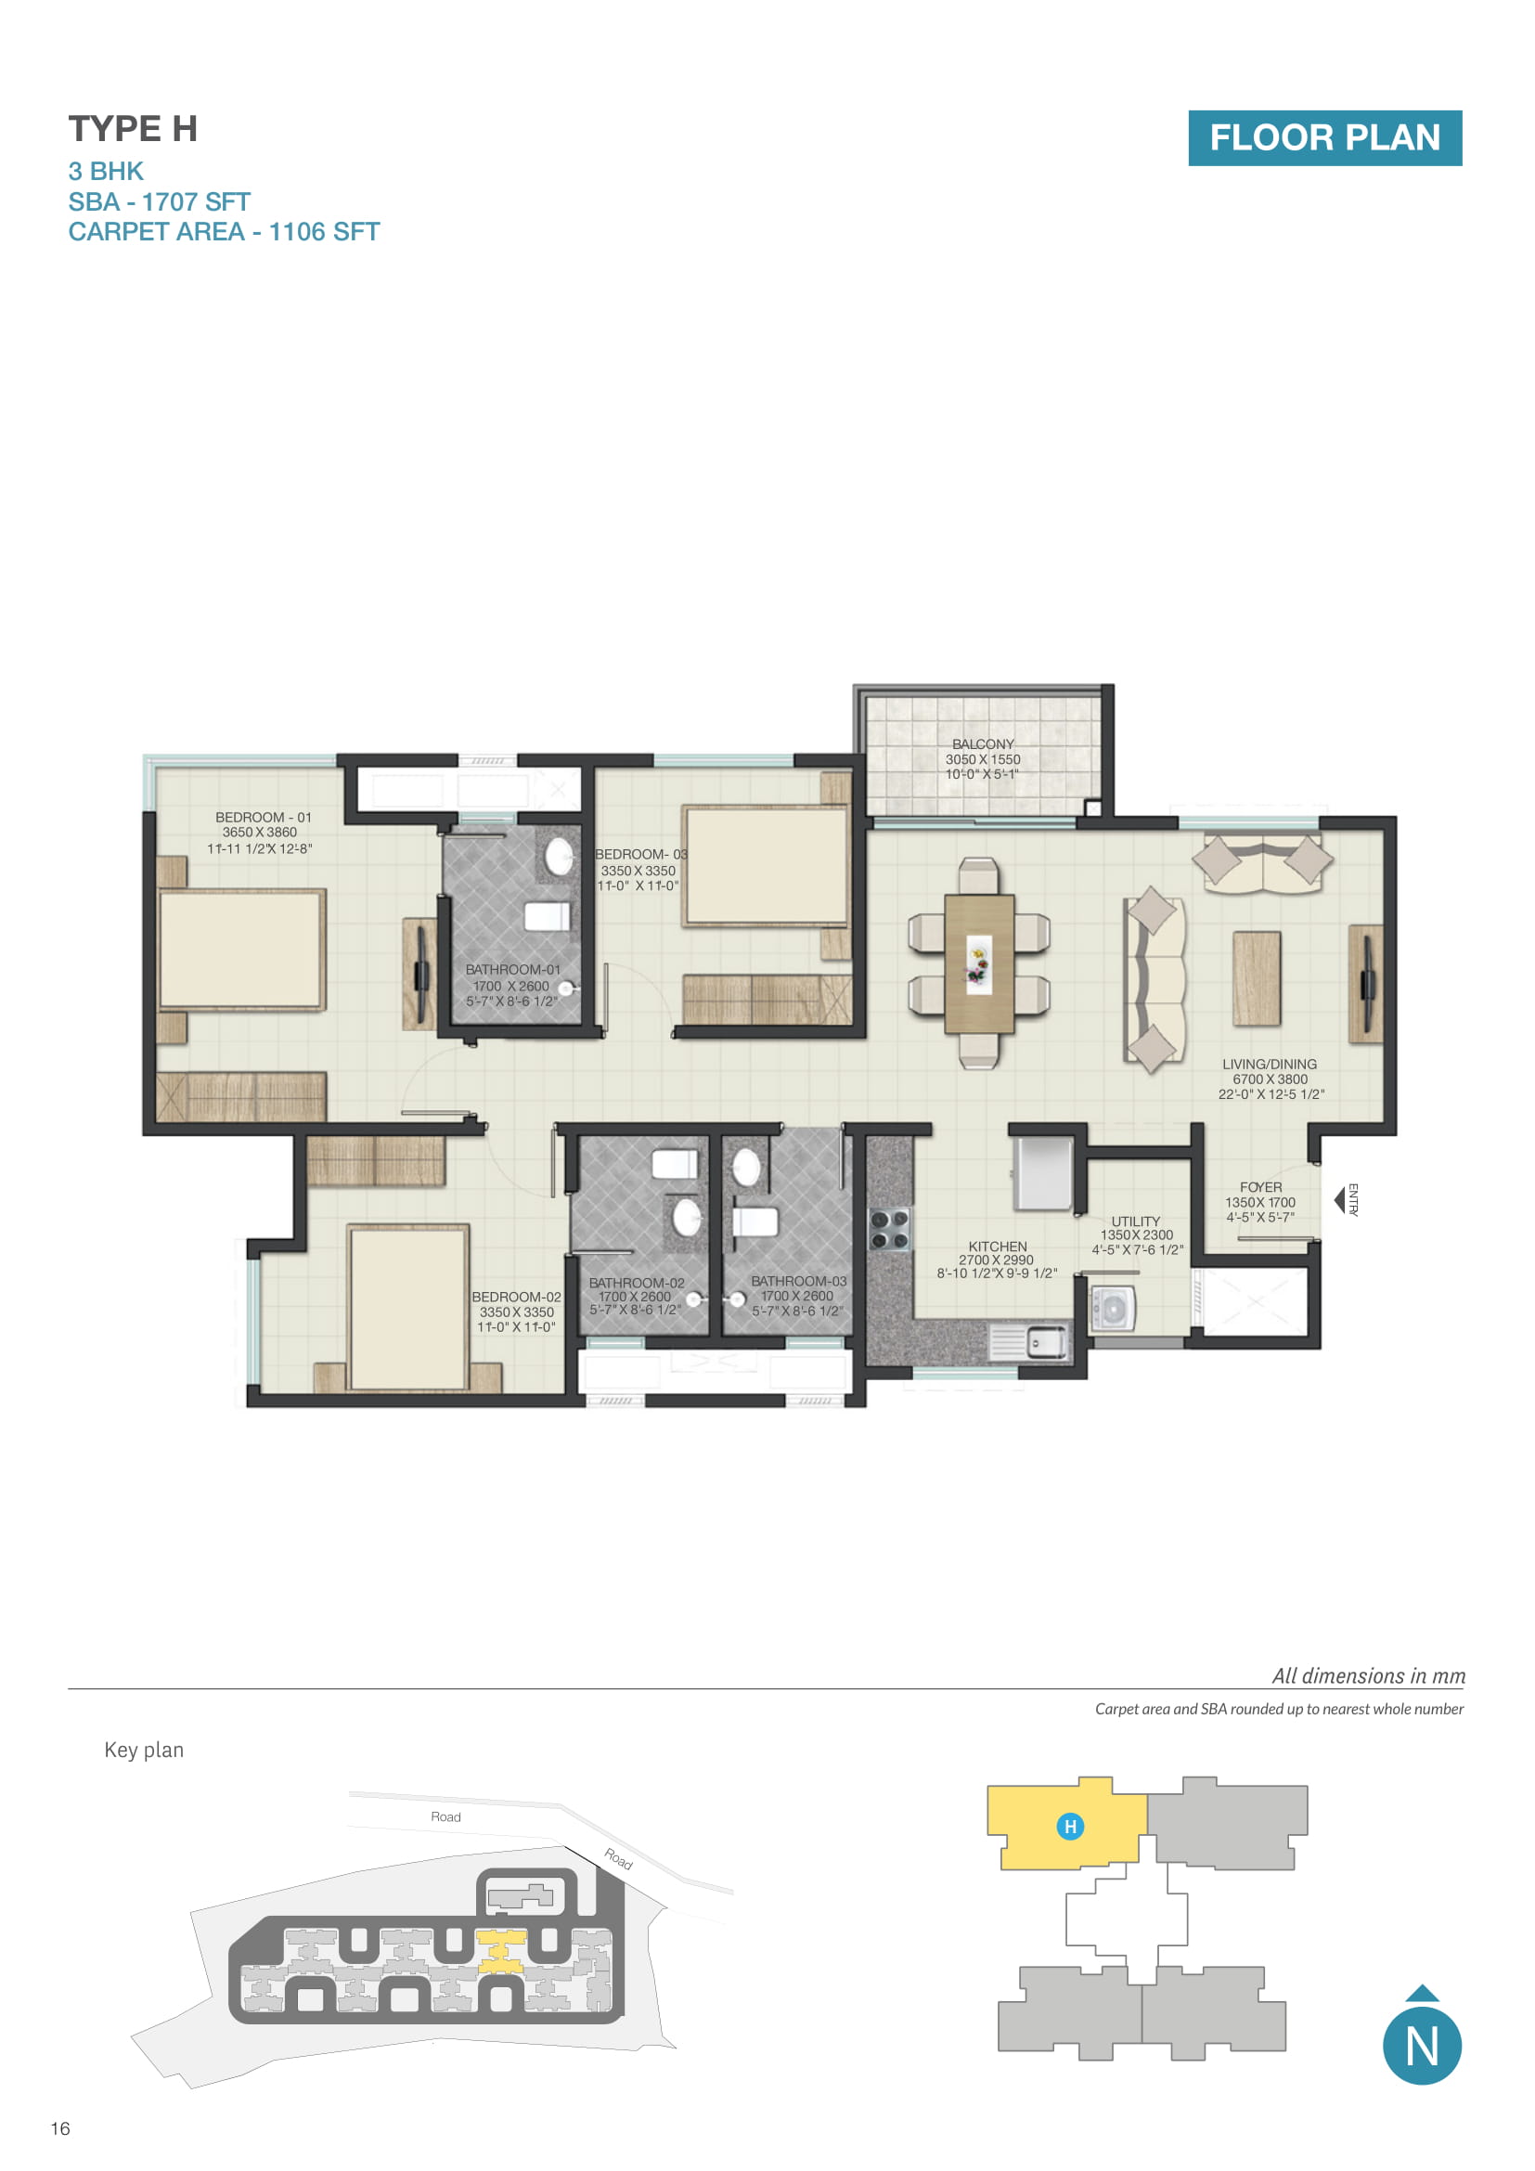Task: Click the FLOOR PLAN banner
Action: [x=1324, y=138]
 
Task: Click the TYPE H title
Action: [x=133, y=129]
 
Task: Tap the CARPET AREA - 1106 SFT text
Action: [x=224, y=232]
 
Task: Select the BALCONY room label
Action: [x=982, y=744]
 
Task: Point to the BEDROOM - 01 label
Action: [x=263, y=817]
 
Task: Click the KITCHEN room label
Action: [x=997, y=1247]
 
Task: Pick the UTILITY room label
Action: [x=1135, y=1221]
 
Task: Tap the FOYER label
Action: [x=1261, y=1187]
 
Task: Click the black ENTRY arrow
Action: [x=1338, y=1200]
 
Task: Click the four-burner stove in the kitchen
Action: [x=889, y=1228]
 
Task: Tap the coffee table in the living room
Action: [x=1257, y=977]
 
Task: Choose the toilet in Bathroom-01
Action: [x=547, y=916]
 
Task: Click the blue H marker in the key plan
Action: [x=1070, y=1826]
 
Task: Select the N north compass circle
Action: [x=1422, y=2047]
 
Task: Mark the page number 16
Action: [x=60, y=2127]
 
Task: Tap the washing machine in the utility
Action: [x=1113, y=1310]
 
